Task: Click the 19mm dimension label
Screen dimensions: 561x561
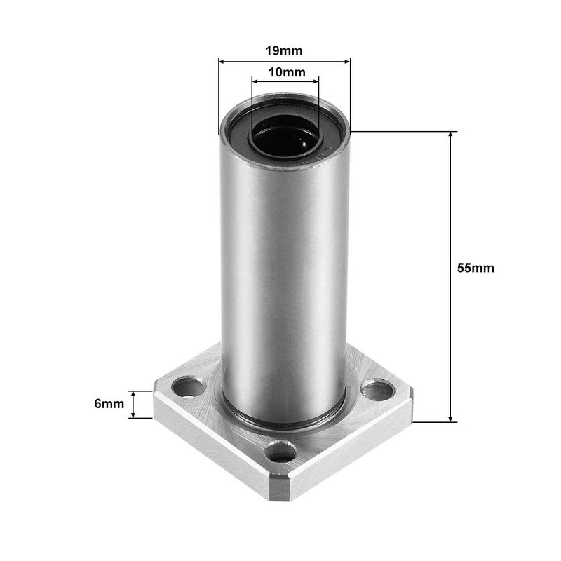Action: coord(285,51)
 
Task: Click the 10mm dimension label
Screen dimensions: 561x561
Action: coord(285,72)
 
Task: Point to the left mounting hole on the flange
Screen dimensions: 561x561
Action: coord(188,385)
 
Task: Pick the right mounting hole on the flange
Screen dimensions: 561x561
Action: coord(377,389)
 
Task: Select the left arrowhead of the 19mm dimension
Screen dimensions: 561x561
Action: coord(223,62)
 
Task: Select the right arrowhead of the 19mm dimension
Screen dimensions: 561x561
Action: coord(346,62)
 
